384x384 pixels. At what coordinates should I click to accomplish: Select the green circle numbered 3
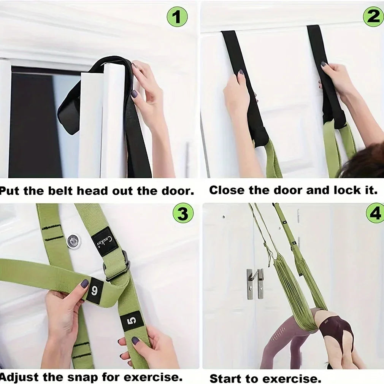183,214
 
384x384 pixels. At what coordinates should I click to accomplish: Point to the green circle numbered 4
375,214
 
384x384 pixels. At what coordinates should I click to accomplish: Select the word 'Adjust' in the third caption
21,377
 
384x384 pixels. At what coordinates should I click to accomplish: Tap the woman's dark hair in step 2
363,162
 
